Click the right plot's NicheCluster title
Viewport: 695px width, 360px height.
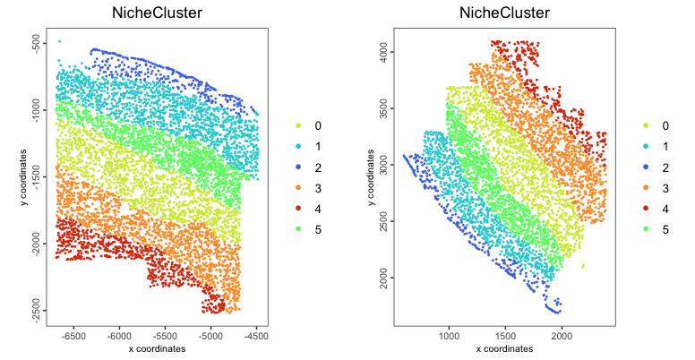coord(503,13)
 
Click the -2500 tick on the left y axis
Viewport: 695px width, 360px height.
coord(36,310)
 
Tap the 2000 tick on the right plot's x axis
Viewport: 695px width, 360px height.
coord(562,337)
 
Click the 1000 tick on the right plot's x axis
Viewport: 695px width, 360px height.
coord(448,337)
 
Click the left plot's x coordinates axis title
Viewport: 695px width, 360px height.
coord(157,349)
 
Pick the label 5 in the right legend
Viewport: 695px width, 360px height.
coord(665,230)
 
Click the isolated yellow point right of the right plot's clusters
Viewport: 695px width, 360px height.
coord(583,266)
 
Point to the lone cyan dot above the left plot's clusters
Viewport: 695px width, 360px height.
coord(59,41)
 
